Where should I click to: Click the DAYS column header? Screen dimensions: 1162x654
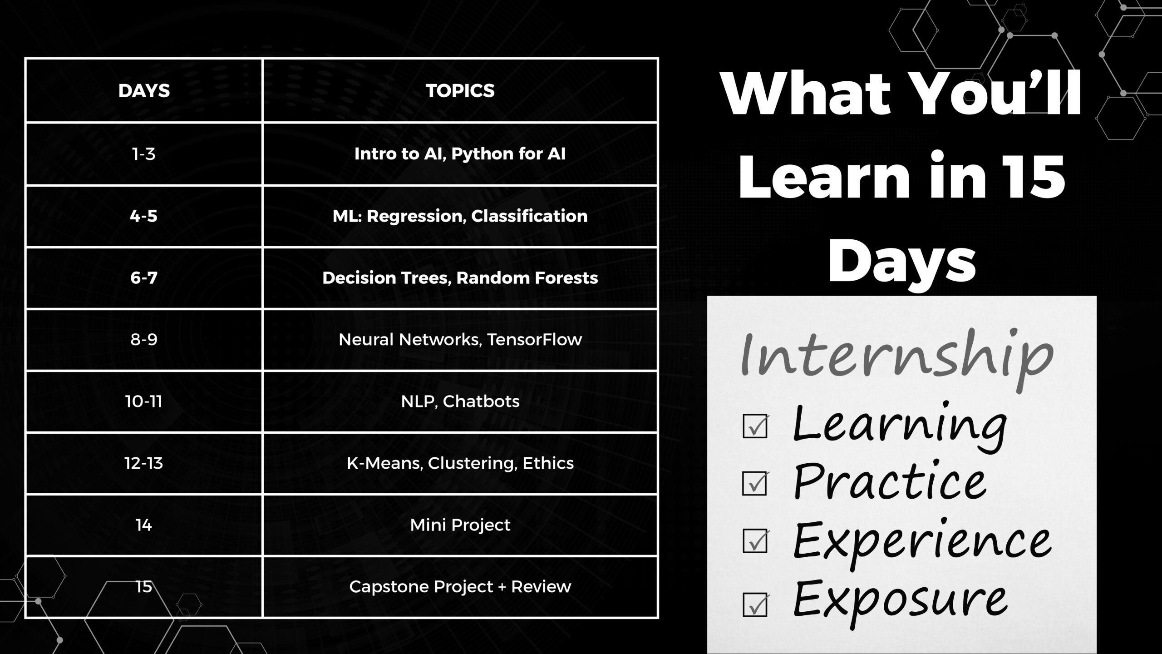(144, 91)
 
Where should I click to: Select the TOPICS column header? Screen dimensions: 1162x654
(460, 91)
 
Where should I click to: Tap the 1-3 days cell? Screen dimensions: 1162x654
(144, 154)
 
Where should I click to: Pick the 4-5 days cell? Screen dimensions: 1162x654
(144, 216)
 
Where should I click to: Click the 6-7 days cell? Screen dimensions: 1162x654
(144, 277)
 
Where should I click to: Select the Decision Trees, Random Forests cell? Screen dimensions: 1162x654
(460, 278)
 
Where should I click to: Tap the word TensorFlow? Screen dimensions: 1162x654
(535, 340)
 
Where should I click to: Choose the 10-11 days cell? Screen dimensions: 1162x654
(144, 401)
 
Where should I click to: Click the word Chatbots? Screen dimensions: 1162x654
(481, 401)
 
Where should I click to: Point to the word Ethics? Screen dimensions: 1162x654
(548, 463)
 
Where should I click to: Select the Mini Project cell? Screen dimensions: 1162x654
(460, 525)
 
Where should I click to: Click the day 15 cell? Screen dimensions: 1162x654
(144, 587)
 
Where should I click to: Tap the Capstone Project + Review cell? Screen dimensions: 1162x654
(460, 587)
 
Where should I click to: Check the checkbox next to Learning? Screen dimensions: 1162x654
(755, 426)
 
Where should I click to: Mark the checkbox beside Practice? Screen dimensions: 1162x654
(755, 483)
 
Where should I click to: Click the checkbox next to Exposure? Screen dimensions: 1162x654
(755, 604)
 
